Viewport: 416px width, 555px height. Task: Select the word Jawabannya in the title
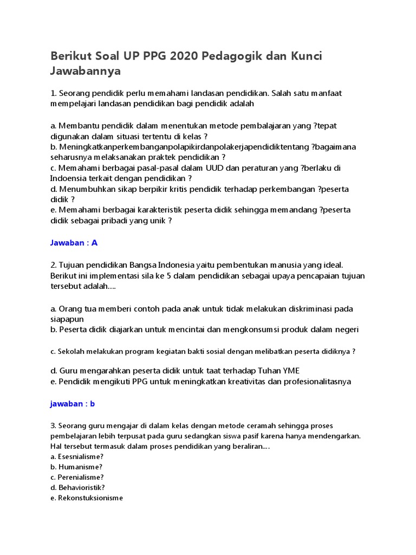point(85,72)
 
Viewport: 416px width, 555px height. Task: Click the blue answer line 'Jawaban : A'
point(74,243)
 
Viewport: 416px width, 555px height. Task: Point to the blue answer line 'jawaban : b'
point(73,404)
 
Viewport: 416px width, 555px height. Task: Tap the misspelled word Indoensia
point(70,178)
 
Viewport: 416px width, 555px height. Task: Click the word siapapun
point(69,319)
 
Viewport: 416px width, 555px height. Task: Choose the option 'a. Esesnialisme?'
point(77,456)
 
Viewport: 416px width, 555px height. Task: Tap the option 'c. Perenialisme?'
point(77,477)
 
